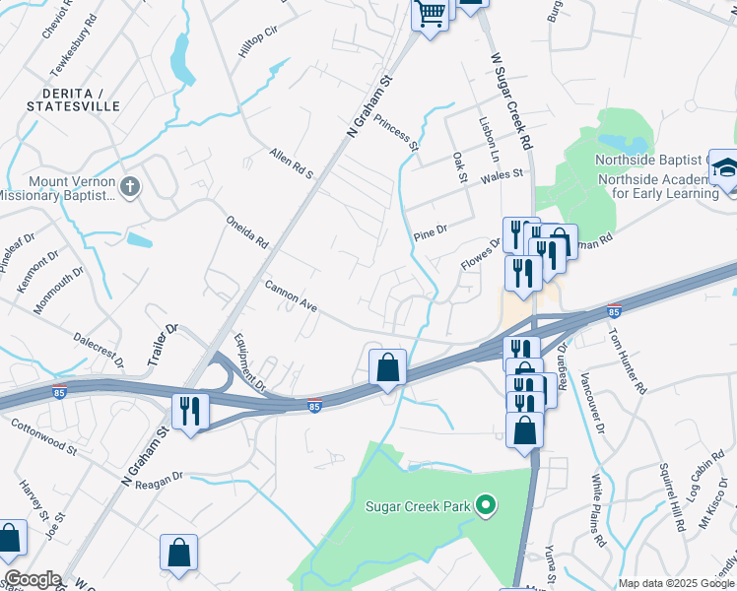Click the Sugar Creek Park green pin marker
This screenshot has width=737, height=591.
(485, 506)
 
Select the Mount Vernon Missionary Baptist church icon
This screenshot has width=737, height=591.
(129, 186)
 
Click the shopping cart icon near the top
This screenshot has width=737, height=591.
(431, 15)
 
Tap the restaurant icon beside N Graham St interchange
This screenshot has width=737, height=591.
(187, 411)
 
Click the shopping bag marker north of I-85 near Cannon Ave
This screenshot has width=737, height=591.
(388, 367)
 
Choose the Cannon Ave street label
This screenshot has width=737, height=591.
(291, 295)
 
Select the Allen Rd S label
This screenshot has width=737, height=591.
(291, 164)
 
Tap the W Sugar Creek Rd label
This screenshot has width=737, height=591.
(511, 100)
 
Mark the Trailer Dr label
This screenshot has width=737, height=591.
(163, 345)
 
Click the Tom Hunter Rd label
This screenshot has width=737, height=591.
(626, 357)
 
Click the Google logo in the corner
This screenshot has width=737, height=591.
(32, 579)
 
